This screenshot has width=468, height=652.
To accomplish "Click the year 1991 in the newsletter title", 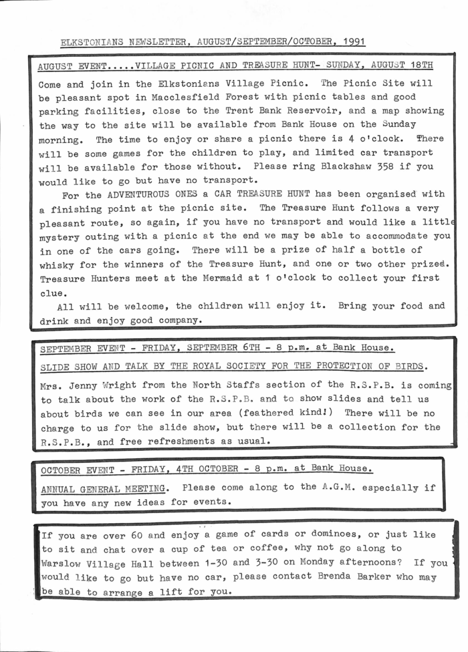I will click(x=350, y=41).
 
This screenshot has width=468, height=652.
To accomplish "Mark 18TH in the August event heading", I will click(x=419, y=66).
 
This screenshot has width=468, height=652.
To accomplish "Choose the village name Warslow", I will click(x=64, y=564).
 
